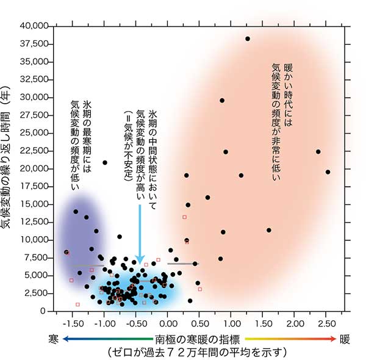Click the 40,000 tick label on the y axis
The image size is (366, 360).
pyautogui.click(x=36, y=26)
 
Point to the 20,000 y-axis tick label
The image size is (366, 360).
pyautogui.click(x=36, y=168)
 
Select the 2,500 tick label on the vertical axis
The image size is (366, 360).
pyautogui.click(x=38, y=293)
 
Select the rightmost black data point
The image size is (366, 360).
pyautogui.click(x=328, y=172)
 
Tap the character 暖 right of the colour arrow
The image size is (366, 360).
pyautogui.click(x=345, y=338)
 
